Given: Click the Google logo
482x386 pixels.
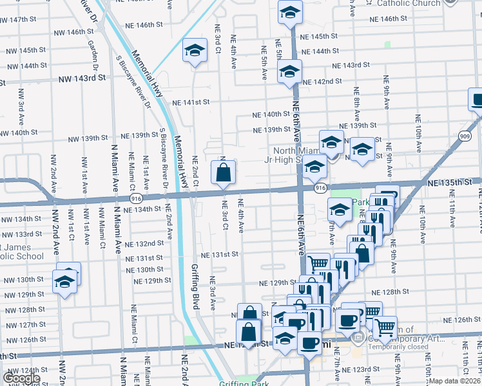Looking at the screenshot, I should point(21,378).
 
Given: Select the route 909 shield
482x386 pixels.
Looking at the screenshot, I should point(465,136).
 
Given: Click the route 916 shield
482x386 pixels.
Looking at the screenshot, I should point(320,187).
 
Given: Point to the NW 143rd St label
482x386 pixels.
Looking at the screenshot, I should point(82,78).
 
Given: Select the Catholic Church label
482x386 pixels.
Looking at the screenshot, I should point(409,3).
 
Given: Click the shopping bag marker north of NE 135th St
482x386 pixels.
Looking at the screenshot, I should point(223,173).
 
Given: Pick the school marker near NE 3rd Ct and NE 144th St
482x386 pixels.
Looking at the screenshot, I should point(194,52).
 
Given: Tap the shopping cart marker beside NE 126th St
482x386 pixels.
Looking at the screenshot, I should point(385,327).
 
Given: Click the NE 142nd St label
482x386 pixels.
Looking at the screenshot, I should point(322,82).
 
